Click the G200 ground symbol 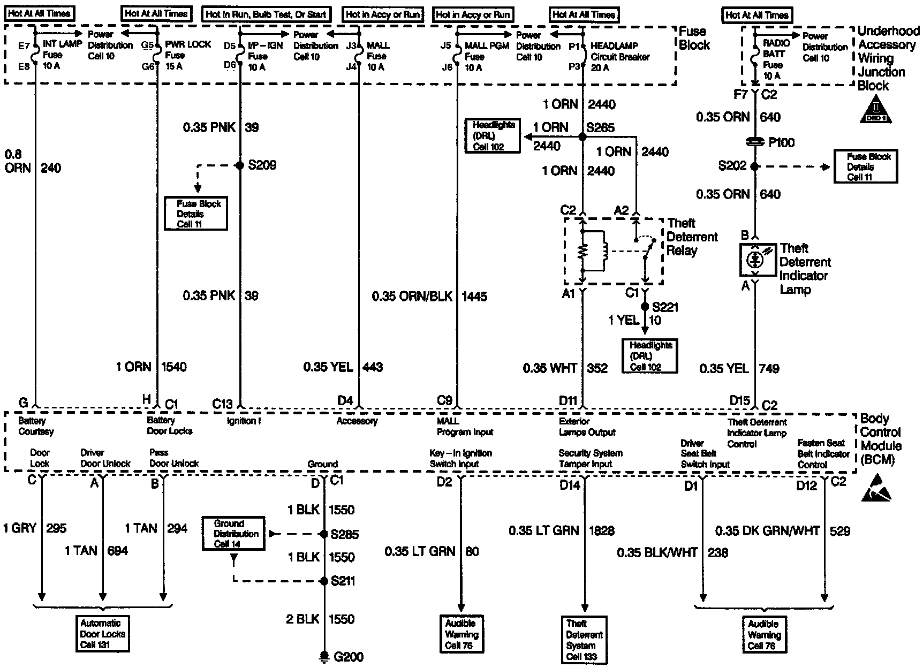coord(324,655)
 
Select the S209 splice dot coord(240,165)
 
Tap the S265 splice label coord(600,128)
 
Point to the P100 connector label coord(781,143)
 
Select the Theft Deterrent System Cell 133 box coord(584,640)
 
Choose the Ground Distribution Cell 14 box coord(233,534)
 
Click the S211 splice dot coord(324,581)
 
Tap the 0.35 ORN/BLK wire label coord(412,296)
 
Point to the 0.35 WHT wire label coord(550,368)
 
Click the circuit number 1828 coord(601,530)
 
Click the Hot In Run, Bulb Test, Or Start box coord(266,14)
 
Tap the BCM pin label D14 coord(570,485)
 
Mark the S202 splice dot coord(754,166)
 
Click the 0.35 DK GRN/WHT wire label coord(767,531)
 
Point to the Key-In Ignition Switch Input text coord(460,459)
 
